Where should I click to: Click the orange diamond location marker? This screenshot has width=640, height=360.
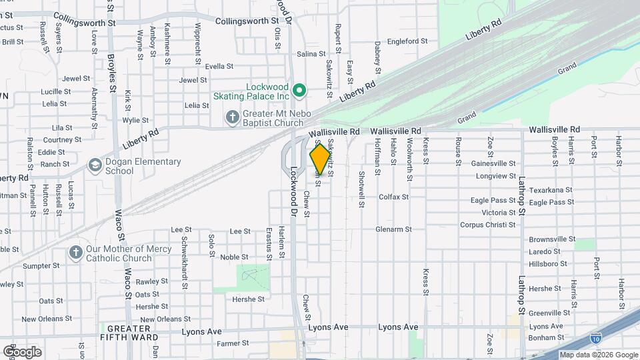(320, 159)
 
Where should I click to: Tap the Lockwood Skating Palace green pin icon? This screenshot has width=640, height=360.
(300, 89)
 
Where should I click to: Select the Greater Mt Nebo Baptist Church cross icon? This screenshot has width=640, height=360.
(232, 118)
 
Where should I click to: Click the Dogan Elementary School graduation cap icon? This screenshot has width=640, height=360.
(95, 165)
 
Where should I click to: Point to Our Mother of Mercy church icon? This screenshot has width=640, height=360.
(75, 253)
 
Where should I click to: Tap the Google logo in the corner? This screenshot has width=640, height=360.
(22, 351)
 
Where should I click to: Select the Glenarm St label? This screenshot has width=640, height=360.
(393, 229)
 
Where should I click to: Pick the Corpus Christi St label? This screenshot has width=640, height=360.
(488, 225)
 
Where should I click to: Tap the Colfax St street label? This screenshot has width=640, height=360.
(393, 197)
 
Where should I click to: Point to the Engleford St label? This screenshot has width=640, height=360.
(406, 41)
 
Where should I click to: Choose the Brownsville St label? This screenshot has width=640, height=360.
(552, 239)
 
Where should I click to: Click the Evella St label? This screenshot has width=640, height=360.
(219, 66)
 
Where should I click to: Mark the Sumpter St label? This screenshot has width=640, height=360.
(41, 265)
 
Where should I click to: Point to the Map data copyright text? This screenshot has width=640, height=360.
(598, 355)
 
